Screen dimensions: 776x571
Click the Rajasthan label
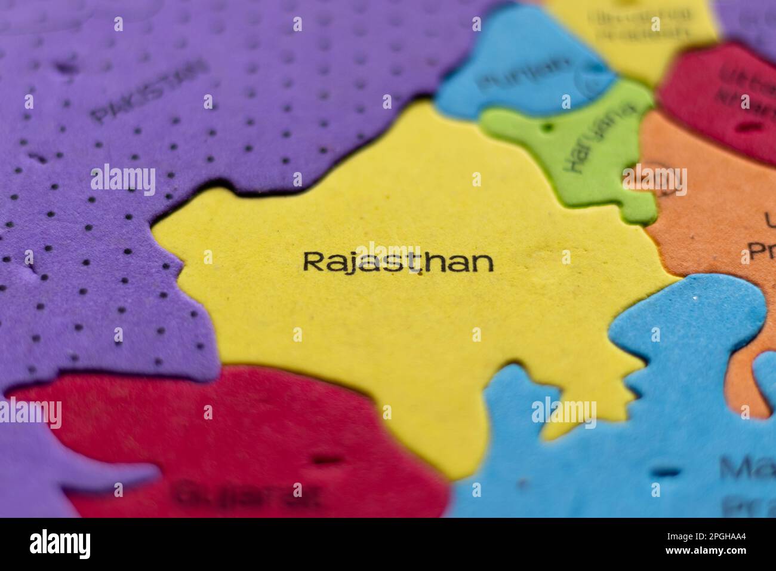398,262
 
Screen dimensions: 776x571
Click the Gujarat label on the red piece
247,493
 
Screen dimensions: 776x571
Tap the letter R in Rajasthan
312,262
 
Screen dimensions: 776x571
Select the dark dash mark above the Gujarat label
328,461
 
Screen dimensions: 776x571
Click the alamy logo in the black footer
60,544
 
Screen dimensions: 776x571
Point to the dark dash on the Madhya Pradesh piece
665,472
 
